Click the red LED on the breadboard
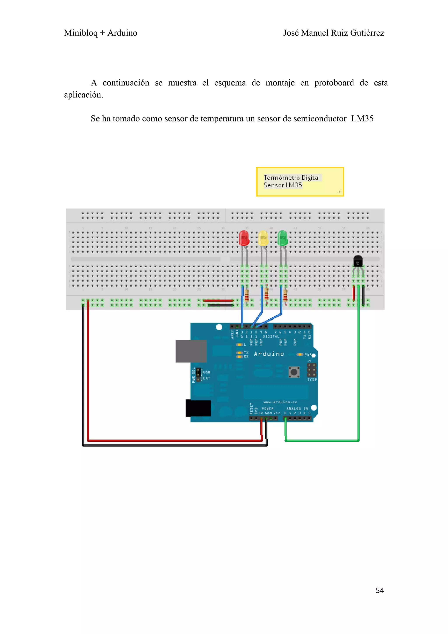coord(244,238)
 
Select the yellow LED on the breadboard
coord(263,238)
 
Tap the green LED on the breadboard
coord(282,238)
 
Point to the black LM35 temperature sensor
coord(358,261)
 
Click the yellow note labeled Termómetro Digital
coord(300,182)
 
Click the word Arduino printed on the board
coord(269,354)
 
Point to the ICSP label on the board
coord(312,380)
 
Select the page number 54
coord(380,590)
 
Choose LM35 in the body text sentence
coord(362,119)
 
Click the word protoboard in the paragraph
coord(334,83)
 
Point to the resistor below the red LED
coord(247,295)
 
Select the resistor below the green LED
coord(285,295)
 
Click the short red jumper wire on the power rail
coord(218,300)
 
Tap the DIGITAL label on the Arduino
coord(271,336)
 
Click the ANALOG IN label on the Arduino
coord(297,408)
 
